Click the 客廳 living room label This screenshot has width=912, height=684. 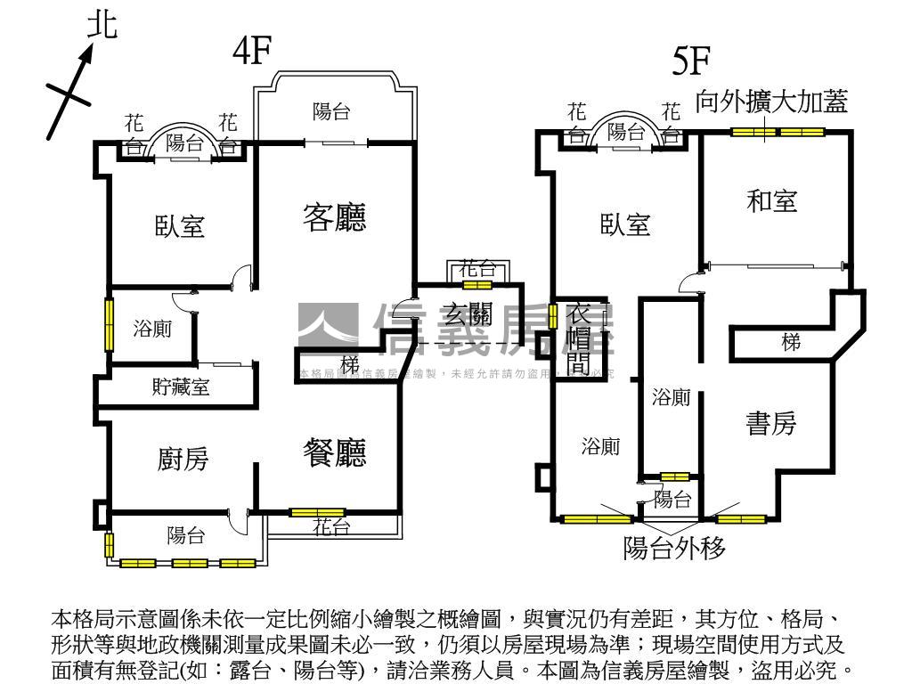335,216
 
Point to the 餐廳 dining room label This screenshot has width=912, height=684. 335,454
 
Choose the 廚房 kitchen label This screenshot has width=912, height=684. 183,460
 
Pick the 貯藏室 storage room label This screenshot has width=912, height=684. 181,387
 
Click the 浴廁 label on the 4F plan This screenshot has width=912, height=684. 152,329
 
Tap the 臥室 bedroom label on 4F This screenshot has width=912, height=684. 181,226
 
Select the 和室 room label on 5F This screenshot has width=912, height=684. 771,201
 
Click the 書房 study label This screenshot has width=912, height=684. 771,424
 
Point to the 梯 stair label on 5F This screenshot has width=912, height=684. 791,342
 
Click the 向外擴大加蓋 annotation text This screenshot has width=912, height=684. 771,101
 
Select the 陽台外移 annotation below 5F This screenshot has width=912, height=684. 674,547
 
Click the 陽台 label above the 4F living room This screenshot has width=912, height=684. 331,112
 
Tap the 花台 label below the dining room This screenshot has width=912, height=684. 331,527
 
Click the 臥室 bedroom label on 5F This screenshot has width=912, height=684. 625,225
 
